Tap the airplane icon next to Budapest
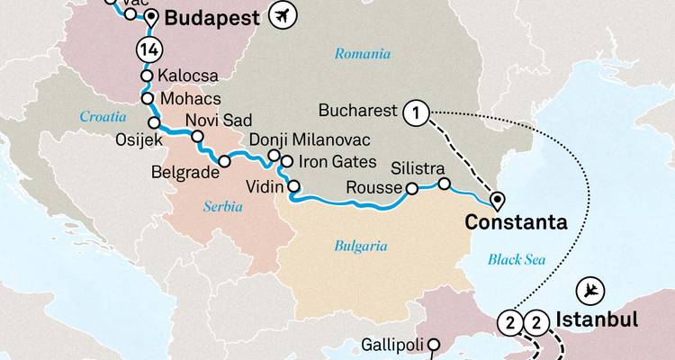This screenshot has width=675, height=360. [x=284, y=15]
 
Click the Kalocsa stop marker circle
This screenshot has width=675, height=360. [x=146, y=76]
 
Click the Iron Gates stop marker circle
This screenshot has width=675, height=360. [x=287, y=162]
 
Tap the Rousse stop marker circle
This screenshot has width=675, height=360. [x=411, y=189]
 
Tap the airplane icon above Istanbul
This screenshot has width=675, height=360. [x=591, y=290]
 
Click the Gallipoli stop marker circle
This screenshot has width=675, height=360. [x=434, y=343]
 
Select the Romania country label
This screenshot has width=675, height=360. [x=363, y=54]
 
